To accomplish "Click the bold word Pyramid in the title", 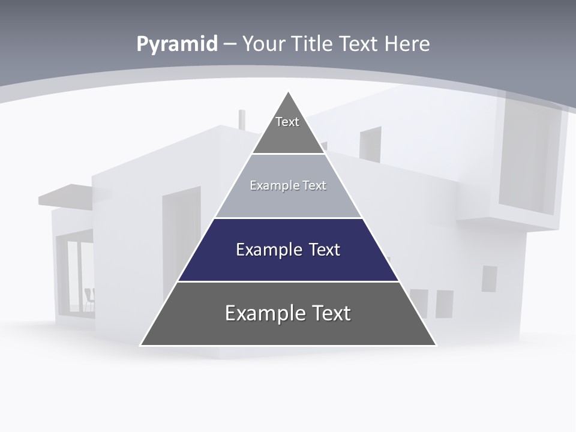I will point(177,44).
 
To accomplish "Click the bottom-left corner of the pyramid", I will point(142,344).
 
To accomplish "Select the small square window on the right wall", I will point(489,278).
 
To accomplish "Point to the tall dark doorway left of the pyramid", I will point(181,240).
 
